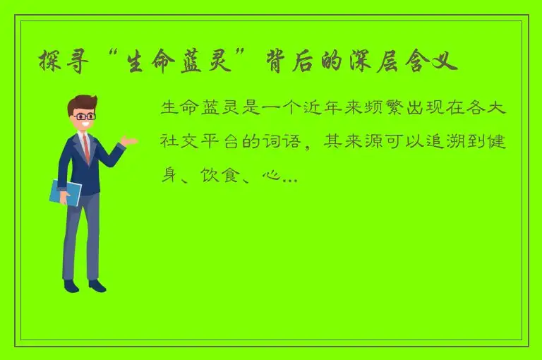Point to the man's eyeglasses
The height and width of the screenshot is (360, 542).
pyautogui.click(x=85, y=116)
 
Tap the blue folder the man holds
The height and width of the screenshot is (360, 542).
pyautogui.click(x=65, y=192)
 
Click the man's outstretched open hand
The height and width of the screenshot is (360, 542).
pyautogui.click(x=128, y=140)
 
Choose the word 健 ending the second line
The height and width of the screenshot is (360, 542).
pyautogui.click(x=517, y=143)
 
